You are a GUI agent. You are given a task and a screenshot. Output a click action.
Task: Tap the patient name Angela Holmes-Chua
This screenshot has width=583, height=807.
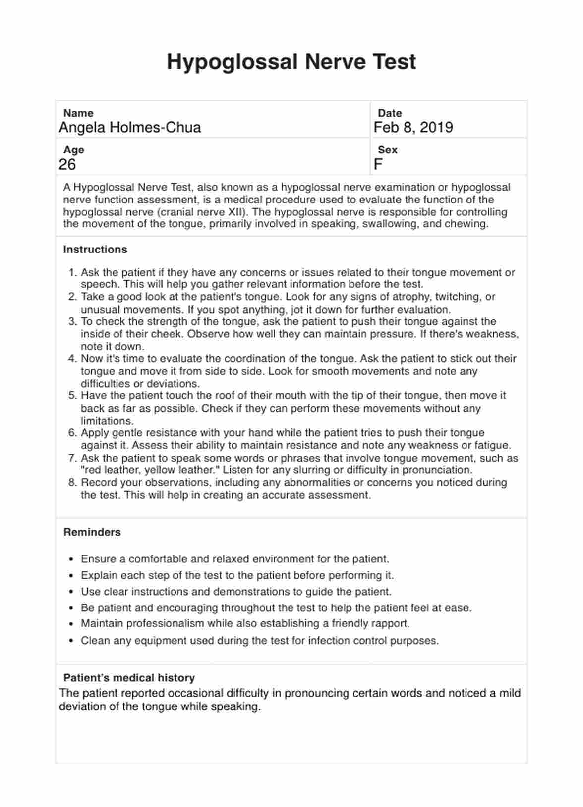pos(130,128)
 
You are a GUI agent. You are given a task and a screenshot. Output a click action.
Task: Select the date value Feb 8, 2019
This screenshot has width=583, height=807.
pos(413,128)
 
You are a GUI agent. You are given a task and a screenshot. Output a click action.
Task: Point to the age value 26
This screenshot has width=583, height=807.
pos(67,164)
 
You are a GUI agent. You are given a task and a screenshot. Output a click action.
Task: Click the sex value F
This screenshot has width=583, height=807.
pos(378,164)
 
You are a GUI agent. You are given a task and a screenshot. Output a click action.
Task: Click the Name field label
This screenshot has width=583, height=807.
pos(78,113)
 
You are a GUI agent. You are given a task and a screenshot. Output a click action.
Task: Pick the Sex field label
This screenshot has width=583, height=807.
pos(387,150)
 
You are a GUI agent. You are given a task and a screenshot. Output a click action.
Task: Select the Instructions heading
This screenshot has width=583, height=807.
pos(95,250)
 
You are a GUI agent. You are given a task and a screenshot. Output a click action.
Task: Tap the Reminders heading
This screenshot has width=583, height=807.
pos(92,532)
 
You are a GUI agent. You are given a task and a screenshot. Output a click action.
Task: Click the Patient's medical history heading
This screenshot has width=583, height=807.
pos(129,678)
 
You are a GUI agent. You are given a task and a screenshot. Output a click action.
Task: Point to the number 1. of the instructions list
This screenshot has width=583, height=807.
pos(73,272)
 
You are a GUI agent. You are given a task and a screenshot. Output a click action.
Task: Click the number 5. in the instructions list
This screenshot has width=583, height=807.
pos(73,396)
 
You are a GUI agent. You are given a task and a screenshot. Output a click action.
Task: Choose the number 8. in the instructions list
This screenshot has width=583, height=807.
pos(73,482)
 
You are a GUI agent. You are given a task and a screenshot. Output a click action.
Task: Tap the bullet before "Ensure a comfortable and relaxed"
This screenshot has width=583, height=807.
pos(71,559)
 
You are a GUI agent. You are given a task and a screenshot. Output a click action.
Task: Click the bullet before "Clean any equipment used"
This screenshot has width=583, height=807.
pos(71,641)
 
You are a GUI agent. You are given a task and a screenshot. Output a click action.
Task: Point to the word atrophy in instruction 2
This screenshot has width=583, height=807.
pos(411,297)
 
